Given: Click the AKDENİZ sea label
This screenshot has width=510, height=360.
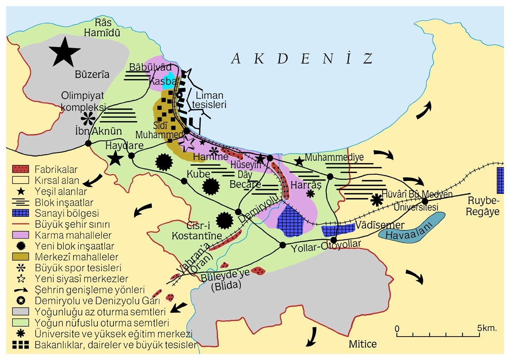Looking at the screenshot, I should point(301,59).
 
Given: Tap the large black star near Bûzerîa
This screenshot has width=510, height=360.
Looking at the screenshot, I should point(65,51).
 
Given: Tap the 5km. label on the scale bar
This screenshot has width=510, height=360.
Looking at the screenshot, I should point(487,328).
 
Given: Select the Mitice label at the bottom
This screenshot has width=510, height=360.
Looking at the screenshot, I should point(363,343).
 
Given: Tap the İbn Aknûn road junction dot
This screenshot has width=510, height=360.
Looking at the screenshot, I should point(88,143).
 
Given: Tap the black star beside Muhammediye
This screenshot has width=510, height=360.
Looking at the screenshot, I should point(299,161).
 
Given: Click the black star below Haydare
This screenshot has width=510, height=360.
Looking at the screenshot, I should point(114,159).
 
